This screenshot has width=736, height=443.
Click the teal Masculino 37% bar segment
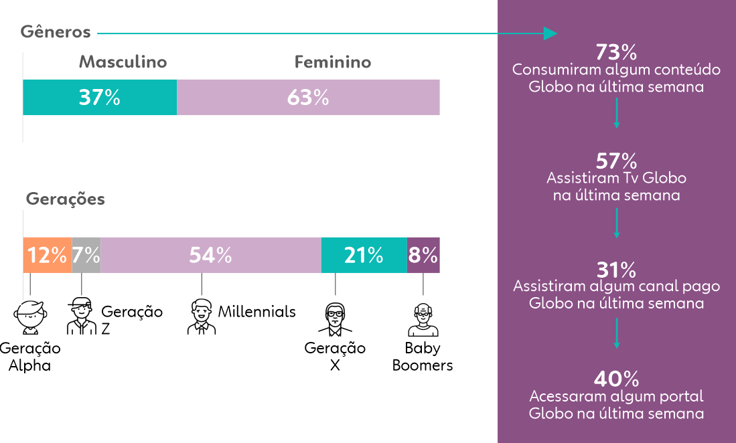[x=100, y=97]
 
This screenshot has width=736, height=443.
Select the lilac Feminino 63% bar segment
[x=308, y=97]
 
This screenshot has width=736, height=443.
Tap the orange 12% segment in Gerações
[x=47, y=255]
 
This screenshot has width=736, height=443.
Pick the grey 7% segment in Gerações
[x=86, y=255]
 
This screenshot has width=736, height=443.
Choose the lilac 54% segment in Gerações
[x=210, y=255]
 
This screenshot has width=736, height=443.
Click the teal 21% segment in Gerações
[x=364, y=255]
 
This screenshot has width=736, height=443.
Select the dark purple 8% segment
[x=423, y=255]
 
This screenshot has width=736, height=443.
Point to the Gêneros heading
[x=56, y=32]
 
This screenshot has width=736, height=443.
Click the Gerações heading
[x=65, y=199]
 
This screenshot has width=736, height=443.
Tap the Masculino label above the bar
[x=123, y=62]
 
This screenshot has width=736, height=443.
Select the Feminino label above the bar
[x=333, y=62]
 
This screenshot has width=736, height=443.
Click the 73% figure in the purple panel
[x=616, y=52]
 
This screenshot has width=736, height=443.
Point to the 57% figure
[x=616, y=161]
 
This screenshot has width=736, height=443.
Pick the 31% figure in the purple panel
[x=616, y=270]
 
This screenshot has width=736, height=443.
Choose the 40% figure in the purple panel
[x=616, y=379]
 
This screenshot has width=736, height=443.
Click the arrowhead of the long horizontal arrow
[x=550, y=33]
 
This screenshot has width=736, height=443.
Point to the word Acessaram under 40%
[x=561, y=396]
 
